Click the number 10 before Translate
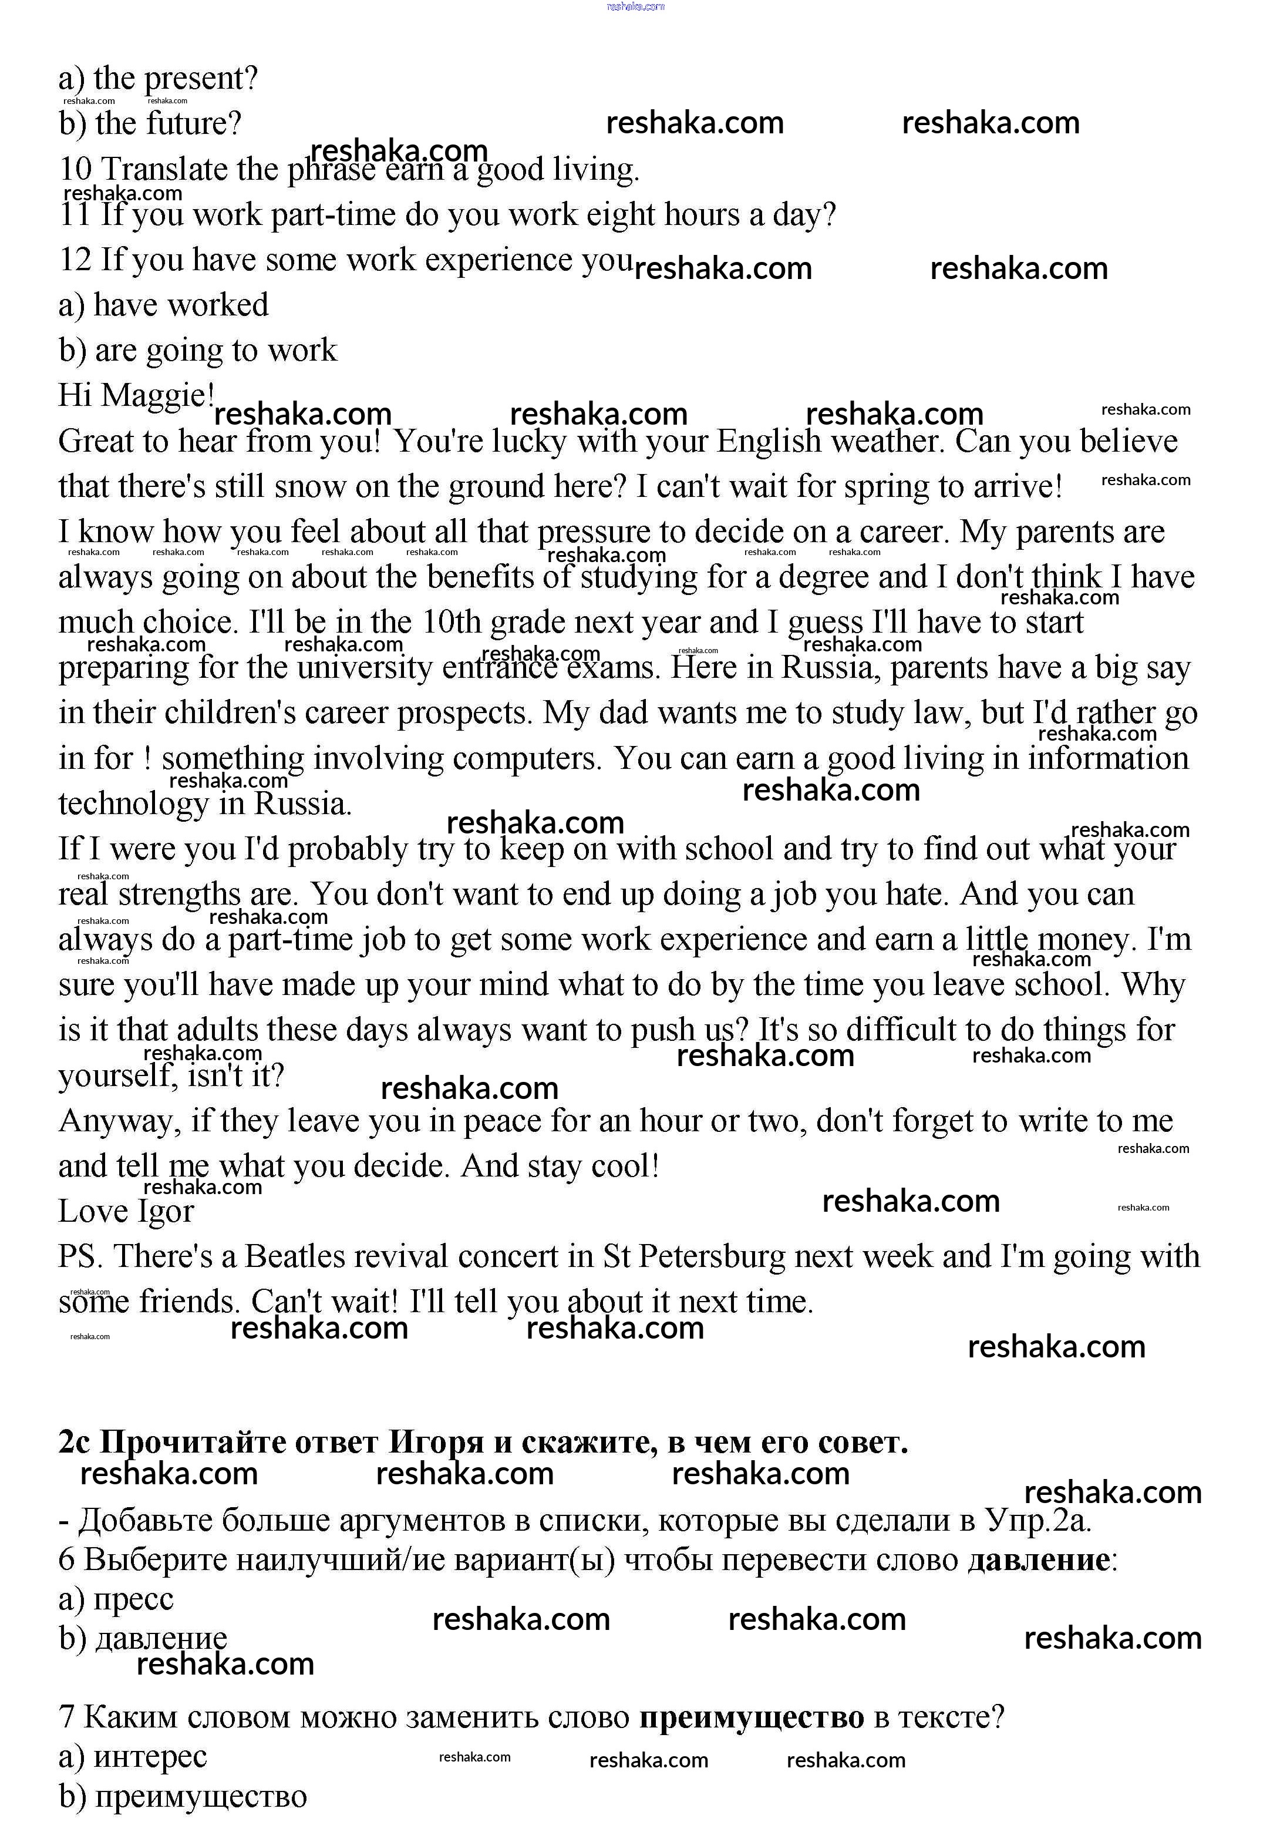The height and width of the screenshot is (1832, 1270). [76, 170]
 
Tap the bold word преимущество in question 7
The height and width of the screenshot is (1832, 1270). [752, 1717]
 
